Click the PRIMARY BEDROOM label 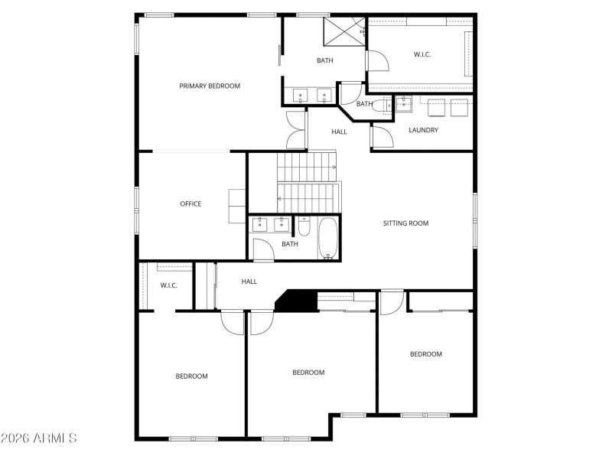click(x=210, y=86)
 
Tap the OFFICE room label click(x=190, y=203)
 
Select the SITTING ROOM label click(x=405, y=223)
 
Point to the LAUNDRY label click(x=423, y=130)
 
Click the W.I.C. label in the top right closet click(x=423, y=54)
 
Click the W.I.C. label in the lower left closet click(x=169, y=285)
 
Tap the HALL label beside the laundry click(x=340, y=132)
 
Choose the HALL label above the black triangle click(x=249, y=282)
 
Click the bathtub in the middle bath click(x=328, y=238)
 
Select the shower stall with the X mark click(x=343, y=31)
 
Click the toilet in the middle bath click(x=304, y=227)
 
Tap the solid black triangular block click(x=295, y=301)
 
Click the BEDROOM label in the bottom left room click(x=191, y=376)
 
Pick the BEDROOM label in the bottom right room click(x=426, y=353)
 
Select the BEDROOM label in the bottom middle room click(x=308, y=373)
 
